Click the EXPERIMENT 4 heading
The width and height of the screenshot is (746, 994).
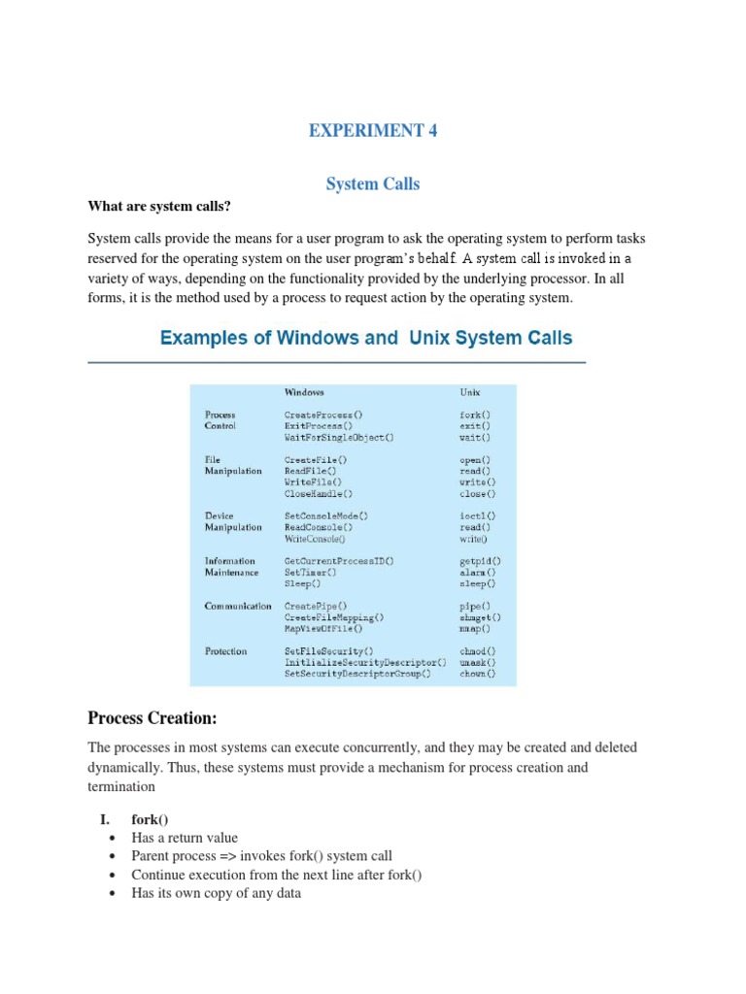(373, 131)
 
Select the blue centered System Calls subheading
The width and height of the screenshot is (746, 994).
(373, 183)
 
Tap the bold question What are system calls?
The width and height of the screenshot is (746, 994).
(159, 206)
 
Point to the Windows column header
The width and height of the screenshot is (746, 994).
(304, 393)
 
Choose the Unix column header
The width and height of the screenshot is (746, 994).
(470, 393)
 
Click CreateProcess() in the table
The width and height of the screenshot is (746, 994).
(323, 414)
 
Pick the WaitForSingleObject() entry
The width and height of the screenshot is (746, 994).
(339, 438)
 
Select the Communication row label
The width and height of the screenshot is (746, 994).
(238, 606)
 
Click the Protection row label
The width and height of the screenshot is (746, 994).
(225, 651)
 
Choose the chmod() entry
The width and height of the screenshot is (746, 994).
(477, 651)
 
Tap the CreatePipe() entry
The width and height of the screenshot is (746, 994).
(316, 606)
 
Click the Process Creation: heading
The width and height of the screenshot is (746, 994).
(153, 718)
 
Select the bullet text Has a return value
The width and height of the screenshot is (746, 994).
(185, 838)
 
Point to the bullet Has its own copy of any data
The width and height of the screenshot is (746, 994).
(216, 893)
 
